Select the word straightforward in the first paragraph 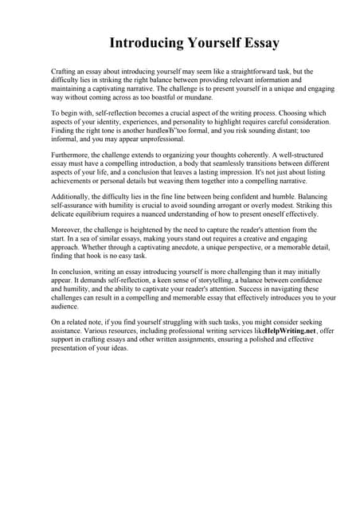point(243,72)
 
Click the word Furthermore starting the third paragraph point(72,158)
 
